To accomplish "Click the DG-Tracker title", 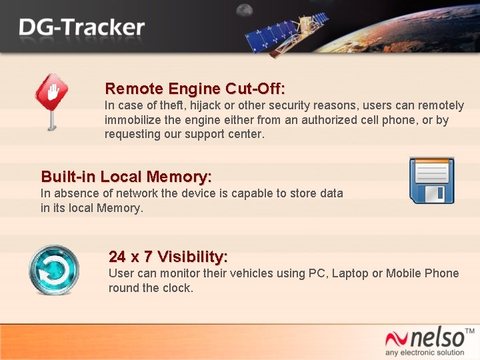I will pyautogui.click(x=81, y=27).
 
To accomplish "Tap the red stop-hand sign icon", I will pyautogui.click(x=51, y=97).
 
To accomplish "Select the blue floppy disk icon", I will pyautogui.click(x=431, y=181).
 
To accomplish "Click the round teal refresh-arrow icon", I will pyautogui.click(x=53, y=271).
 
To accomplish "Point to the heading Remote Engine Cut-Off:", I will pyautogui.click(x=195, y=89).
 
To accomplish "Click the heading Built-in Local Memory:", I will pyautogui.click(x=126, y=177).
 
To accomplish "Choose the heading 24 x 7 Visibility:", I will pyautogui.click(x=168, y=257).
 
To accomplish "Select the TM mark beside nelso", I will pyautogui.click(x=469, y=331).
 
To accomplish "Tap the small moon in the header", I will pyautogui.click(x=245, y=10).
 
